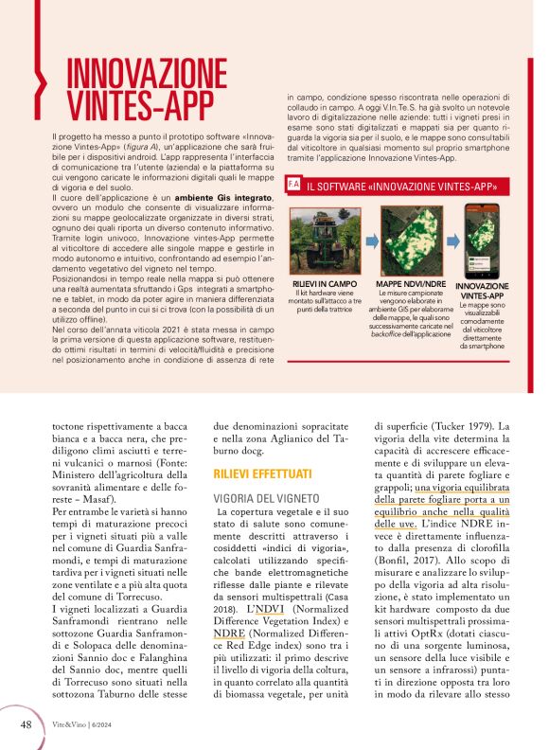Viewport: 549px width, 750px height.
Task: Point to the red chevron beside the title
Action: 39,80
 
